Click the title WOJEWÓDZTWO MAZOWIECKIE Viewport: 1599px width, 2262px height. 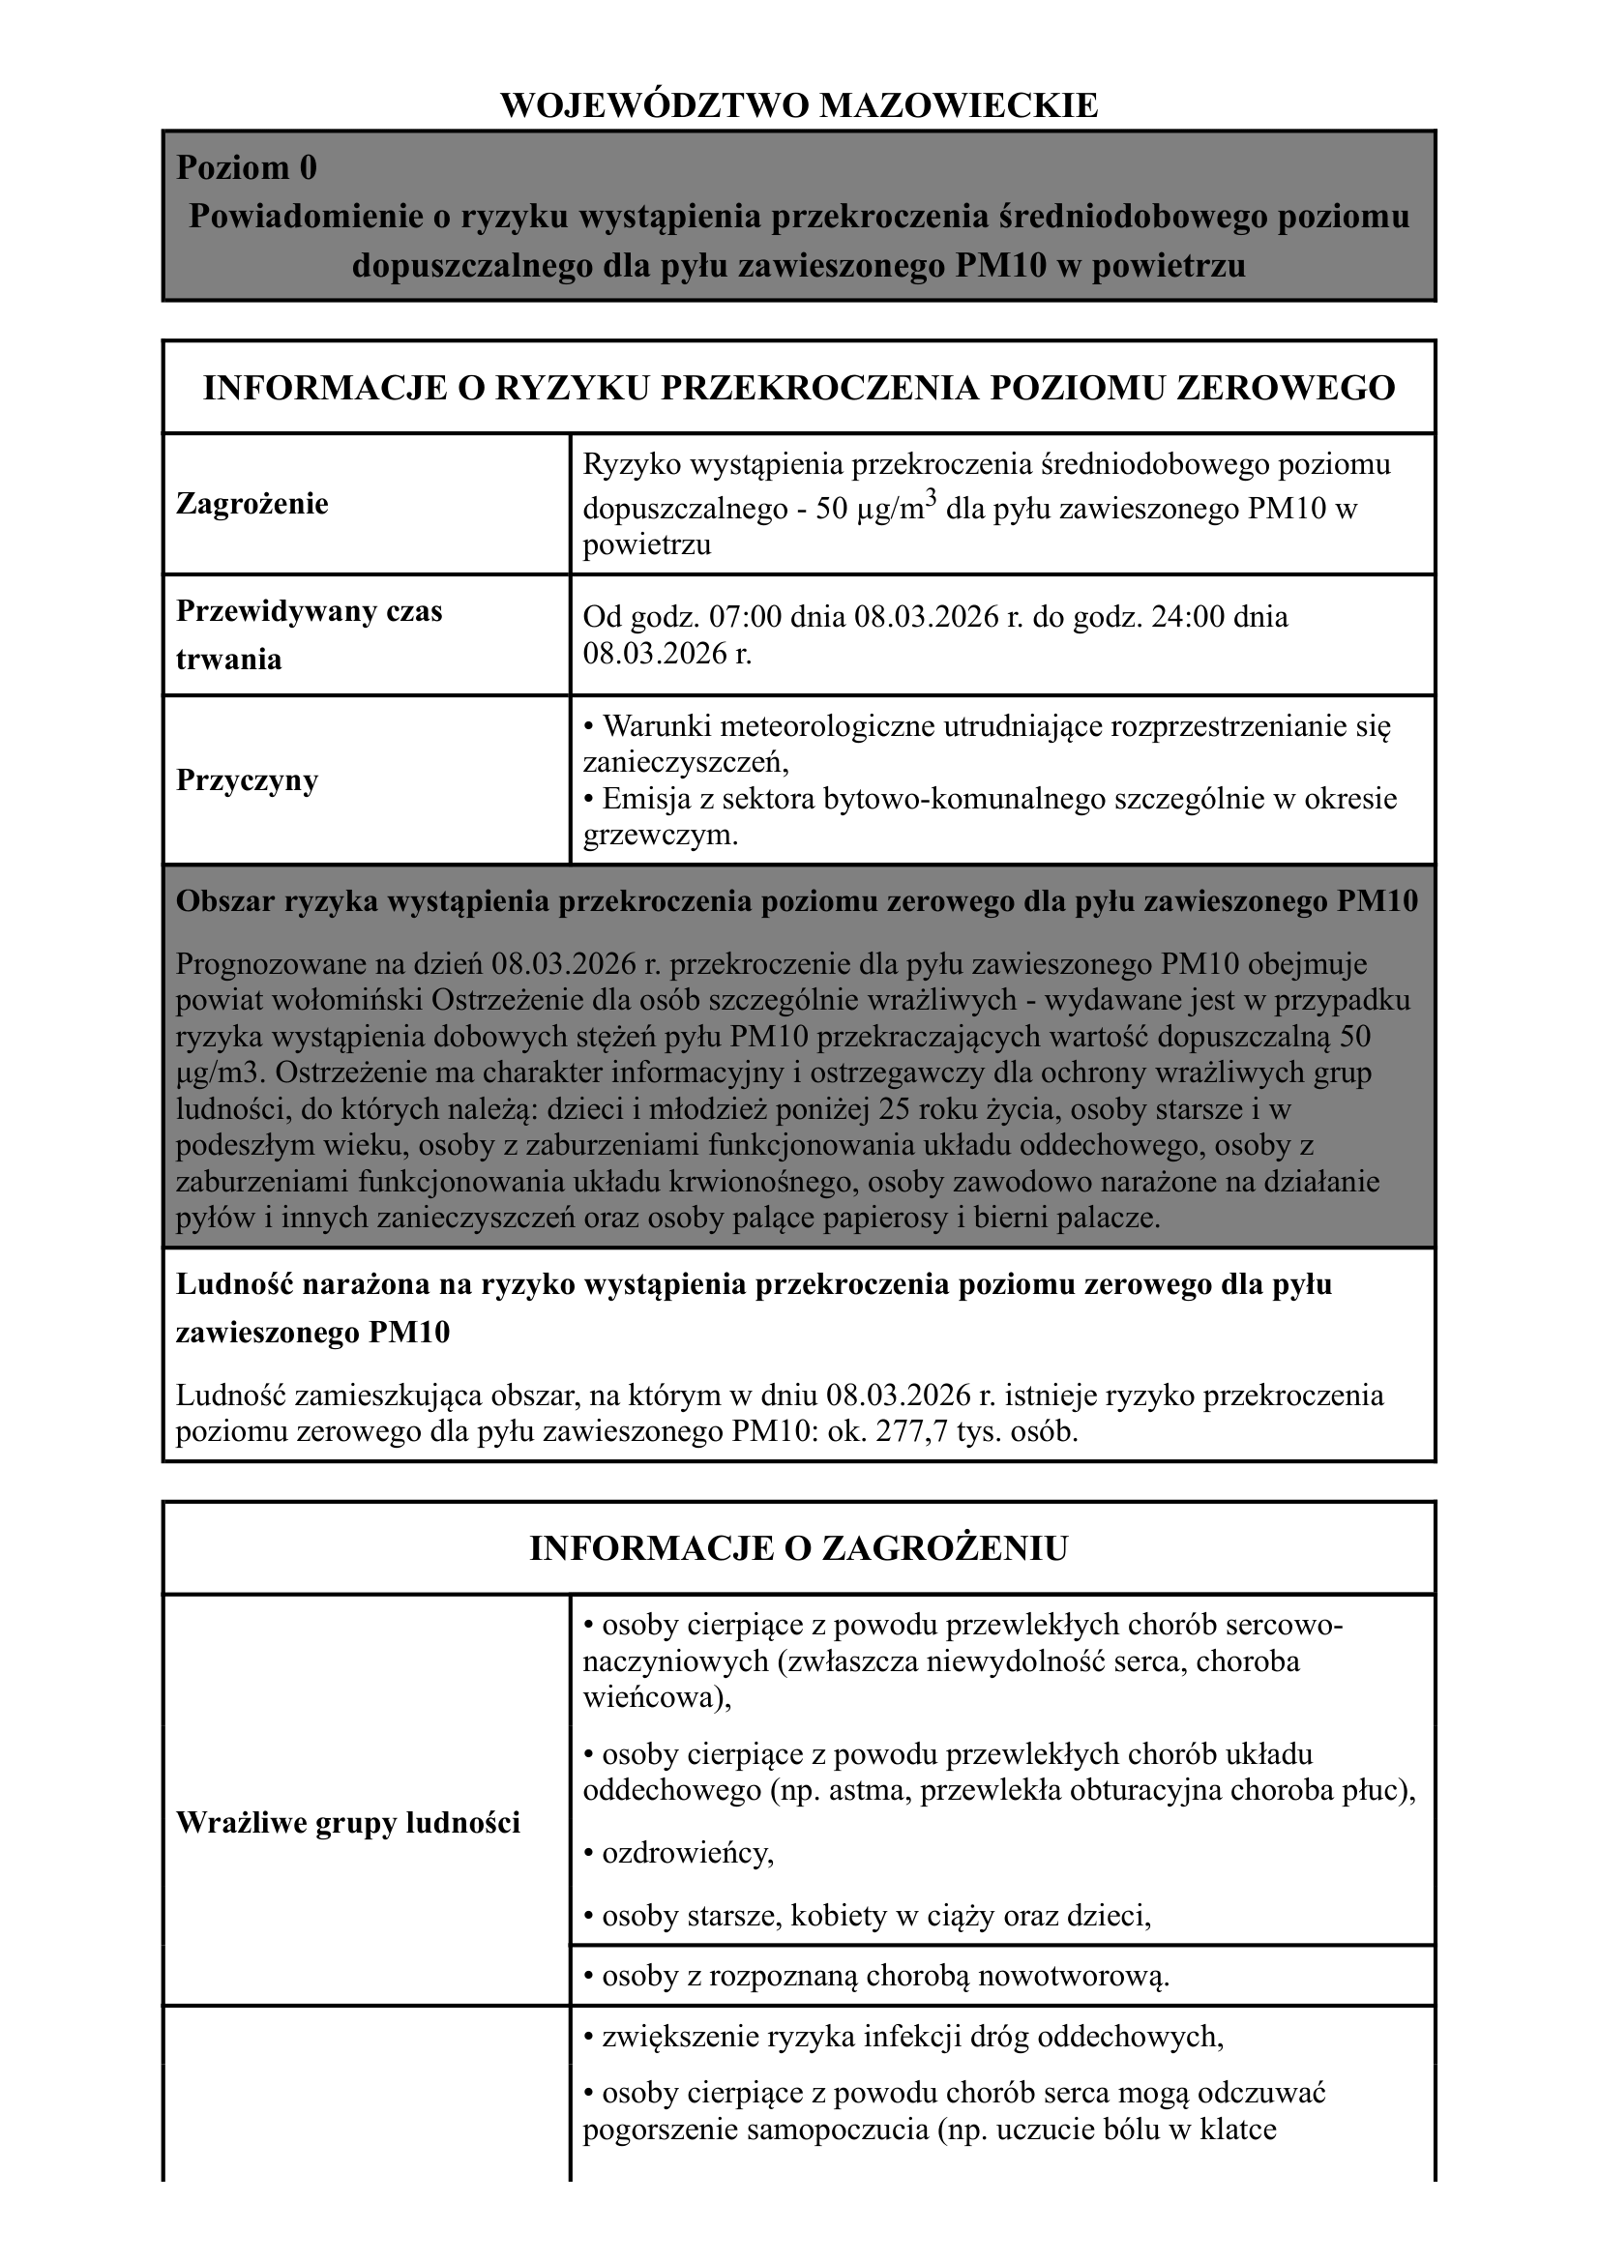(x=799, y=105)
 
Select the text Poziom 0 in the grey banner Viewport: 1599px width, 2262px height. (x=247, y=167)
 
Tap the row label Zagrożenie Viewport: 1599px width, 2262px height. (x=252, y=504)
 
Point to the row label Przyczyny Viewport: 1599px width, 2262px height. (x=248, y=780)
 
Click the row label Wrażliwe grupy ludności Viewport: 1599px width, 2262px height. (x=348, y=1823)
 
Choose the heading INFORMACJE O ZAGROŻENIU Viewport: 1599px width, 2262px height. (x=799, y=1547)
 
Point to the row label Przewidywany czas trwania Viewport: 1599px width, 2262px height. (x=309, y=634)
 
